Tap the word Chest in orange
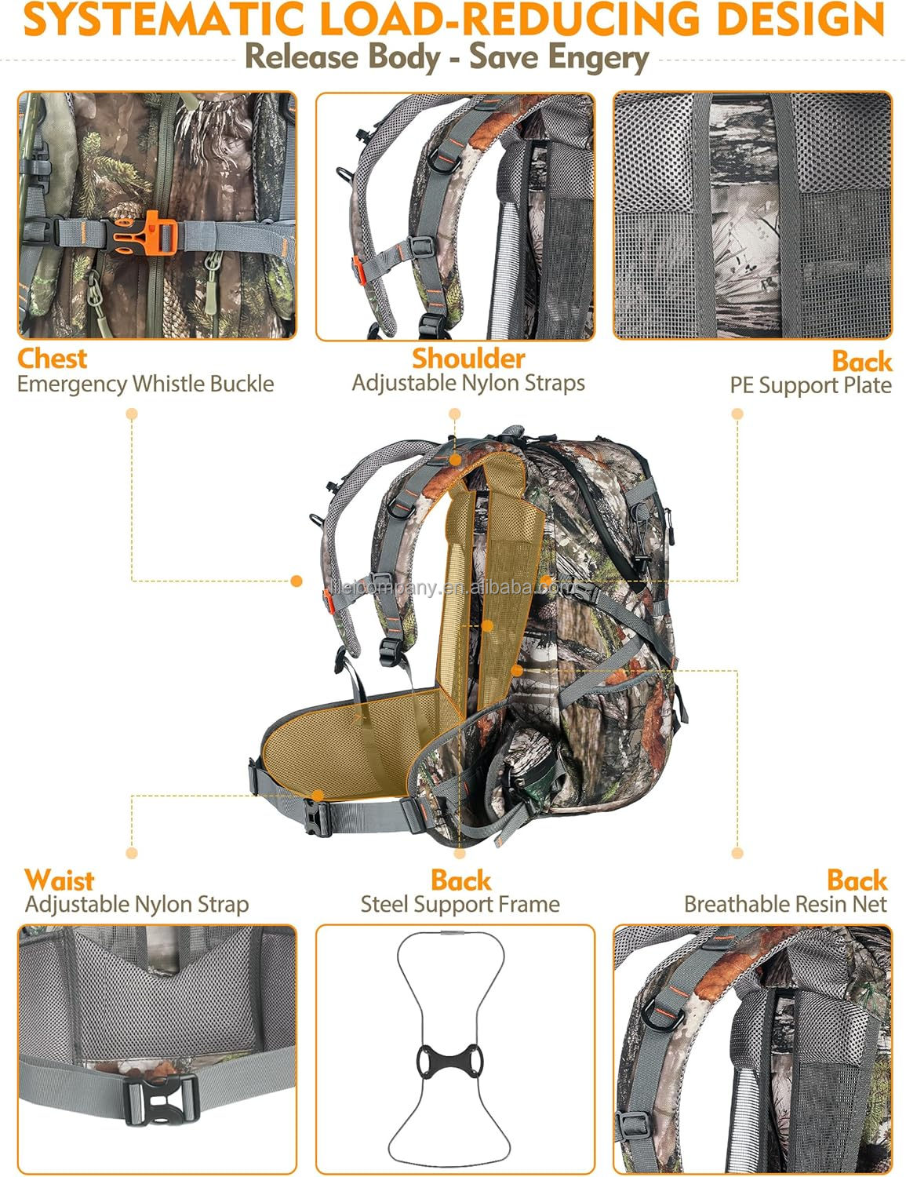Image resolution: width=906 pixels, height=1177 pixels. tap(52, 359)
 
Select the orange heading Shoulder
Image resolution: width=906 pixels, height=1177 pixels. tap(468, 359)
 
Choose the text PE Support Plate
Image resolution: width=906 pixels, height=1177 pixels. tap(810, 385)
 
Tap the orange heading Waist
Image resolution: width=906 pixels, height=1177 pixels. tap(59, 880)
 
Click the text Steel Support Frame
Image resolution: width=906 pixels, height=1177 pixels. tap(460, 905)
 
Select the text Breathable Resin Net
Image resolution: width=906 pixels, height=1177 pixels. tap(785, 905)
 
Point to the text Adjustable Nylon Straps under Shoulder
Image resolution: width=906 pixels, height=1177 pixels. tap(468, 384)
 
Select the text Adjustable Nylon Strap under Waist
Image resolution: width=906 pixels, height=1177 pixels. tap(136, 905)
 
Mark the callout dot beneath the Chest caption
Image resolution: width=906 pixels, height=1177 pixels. tap(132, 414)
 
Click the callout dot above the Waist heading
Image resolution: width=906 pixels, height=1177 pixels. tap(132, 853)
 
